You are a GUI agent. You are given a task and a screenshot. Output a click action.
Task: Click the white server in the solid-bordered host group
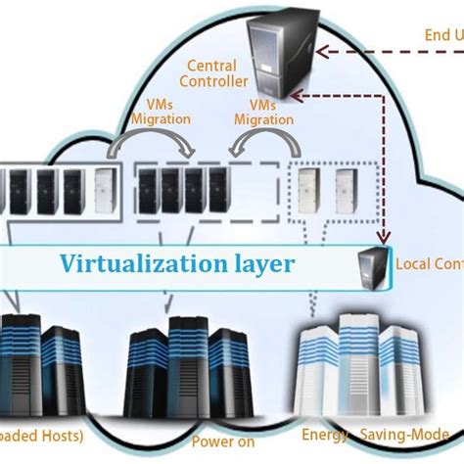(x=104, y=193)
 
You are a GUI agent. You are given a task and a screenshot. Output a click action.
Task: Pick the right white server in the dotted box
(x=346, y=193)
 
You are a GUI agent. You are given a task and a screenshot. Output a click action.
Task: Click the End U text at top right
(x=441, y=36)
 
